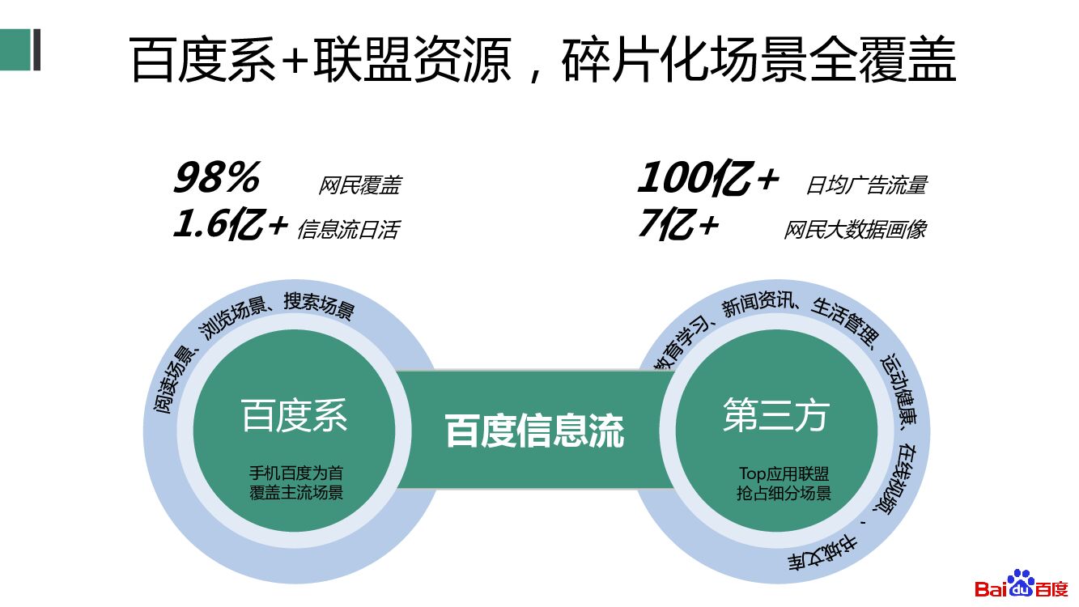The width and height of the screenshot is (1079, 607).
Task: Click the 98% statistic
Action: (x=216, y=178)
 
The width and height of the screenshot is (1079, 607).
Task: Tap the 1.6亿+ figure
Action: (x=231, y=225)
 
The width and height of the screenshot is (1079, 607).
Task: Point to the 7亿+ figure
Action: (x=678, y=225)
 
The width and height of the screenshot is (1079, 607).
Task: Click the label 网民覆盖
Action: (x=359, y=186)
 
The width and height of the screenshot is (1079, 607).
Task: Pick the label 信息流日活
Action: (x=348, y=230)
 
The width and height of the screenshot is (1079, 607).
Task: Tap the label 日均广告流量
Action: (x=866, y=185)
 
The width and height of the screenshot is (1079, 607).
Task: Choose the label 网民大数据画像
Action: (x=855, y=230)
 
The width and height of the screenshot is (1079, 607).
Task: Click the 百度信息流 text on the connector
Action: (x=534, y=431)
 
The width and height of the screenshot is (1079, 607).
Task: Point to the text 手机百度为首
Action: (x=295, y=473)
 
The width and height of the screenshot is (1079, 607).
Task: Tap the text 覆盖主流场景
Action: (x=295, y=492)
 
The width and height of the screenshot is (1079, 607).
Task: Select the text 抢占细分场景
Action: (x=784, y=493)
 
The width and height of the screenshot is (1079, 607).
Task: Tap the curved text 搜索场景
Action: (x=319, y=305)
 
